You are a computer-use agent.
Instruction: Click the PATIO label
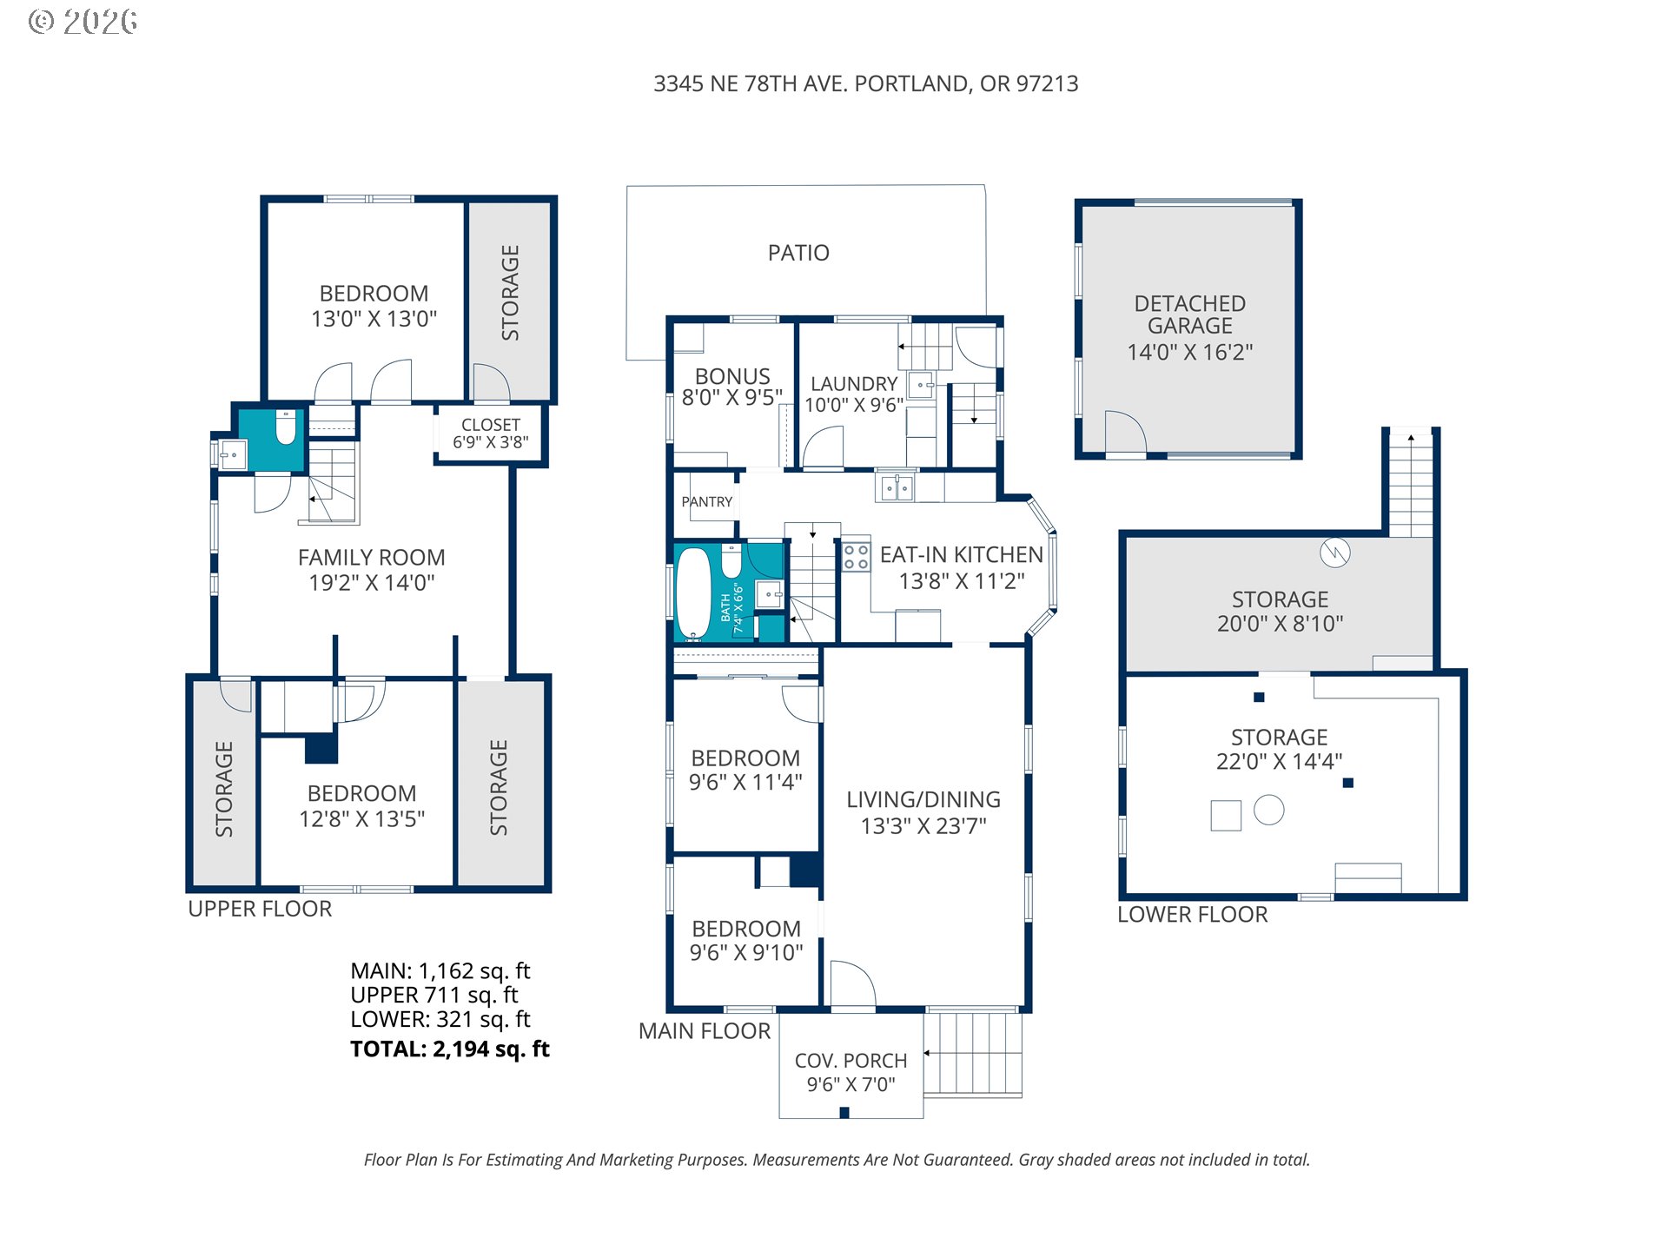click(x=798, y=253)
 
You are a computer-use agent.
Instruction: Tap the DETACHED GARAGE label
click(x=1189, y=314)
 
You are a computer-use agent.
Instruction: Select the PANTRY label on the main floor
click(x=706, y=502)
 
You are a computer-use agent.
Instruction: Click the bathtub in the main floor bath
click(x=693, y=593)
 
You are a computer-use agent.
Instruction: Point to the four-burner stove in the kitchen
click(x=857, y=557)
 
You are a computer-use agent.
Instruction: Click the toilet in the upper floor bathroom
click(x=286, y=427)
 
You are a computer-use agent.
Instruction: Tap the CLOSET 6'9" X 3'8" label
click(x=491, y=434)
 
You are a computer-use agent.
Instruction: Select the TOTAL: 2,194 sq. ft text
click(x=450, y=1049)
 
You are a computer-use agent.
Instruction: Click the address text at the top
click(x=866, y=83)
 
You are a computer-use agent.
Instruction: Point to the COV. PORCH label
click(x=851, y=1061)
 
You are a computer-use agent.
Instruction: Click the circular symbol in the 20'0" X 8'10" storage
click(x=1334, y=553)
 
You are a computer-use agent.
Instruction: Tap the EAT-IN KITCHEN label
click(x=962, y=555)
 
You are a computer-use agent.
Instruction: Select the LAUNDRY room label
click(x=854, y=384)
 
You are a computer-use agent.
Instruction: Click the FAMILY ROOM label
click(x=372, y=558)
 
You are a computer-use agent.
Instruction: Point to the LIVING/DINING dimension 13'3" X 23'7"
click(x=923, y=825)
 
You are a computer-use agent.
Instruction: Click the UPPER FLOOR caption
click(x=260, y=909)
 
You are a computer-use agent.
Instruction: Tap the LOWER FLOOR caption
click(x=1192, y=915)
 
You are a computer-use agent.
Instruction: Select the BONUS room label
click(x=732, y=376)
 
